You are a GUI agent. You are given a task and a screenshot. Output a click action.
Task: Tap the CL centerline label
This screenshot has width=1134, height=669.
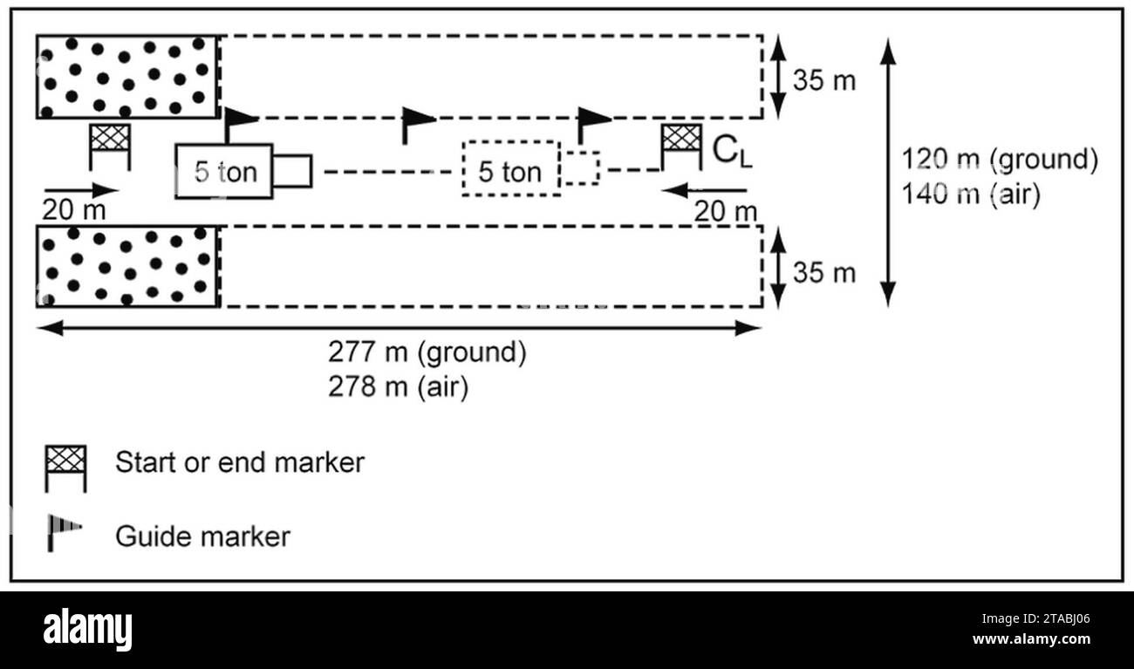click(732, 152)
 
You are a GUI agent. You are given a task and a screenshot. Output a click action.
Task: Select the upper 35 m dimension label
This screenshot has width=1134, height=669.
click(824, 80)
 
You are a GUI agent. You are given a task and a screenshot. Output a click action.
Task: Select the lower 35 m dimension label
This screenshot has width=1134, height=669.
click(824, 272)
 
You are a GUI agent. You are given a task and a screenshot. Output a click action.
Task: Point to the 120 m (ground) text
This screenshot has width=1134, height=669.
click(1000, 159)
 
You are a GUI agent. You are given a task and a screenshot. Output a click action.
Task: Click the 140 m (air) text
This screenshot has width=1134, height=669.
click(971, 194)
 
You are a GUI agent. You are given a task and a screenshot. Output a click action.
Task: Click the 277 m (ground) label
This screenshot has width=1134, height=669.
click(427, 352)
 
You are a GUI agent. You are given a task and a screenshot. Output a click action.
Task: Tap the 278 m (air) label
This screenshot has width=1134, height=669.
click(399, 387)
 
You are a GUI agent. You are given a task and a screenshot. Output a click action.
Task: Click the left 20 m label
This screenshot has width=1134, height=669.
click(74, 209)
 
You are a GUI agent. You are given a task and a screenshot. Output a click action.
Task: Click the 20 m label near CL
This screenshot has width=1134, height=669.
click(725, 211)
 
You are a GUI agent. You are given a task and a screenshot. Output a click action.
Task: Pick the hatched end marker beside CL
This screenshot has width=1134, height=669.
click(681, 147)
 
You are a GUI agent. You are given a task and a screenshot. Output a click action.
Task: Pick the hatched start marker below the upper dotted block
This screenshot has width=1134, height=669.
click(110, 147)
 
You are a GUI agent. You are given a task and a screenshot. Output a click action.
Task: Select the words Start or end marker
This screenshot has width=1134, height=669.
click(240, 462)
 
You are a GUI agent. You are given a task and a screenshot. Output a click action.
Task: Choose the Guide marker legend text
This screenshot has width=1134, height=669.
click(202, 536)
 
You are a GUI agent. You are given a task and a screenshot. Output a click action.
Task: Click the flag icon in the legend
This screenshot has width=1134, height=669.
click(64, 533)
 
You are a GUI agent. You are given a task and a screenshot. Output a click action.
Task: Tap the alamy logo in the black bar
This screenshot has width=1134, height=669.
click(87, 630)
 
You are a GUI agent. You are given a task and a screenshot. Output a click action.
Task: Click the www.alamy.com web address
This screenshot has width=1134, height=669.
click(1031, 638)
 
